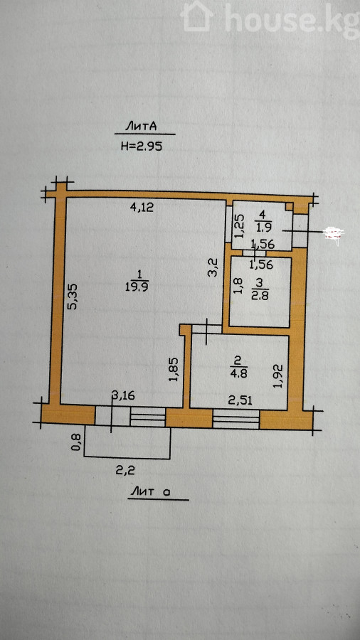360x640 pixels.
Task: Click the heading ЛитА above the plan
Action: tap(141, 127)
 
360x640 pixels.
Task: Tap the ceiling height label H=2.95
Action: tap(142, 146)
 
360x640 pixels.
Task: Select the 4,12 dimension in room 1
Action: tap(141, 208)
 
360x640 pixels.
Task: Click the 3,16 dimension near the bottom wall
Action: tap(124, 395)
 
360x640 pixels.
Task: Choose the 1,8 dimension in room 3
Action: tap(239, 286)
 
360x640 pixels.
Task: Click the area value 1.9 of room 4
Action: tap(262, 225)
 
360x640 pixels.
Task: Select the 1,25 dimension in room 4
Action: tap(240, 226)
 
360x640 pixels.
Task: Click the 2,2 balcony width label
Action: tap(125, 471)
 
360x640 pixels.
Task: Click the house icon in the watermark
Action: tap(197, 16)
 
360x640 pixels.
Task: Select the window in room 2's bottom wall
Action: tap(236, 419)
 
